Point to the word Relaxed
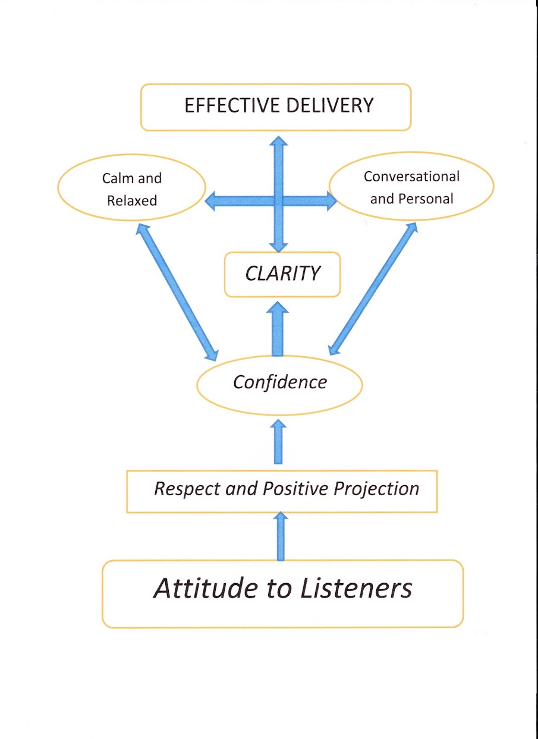tap(132, 201)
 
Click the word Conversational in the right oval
tap(411, 177)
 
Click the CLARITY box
tap(282, 274)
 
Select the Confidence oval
tap(279, 382)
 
